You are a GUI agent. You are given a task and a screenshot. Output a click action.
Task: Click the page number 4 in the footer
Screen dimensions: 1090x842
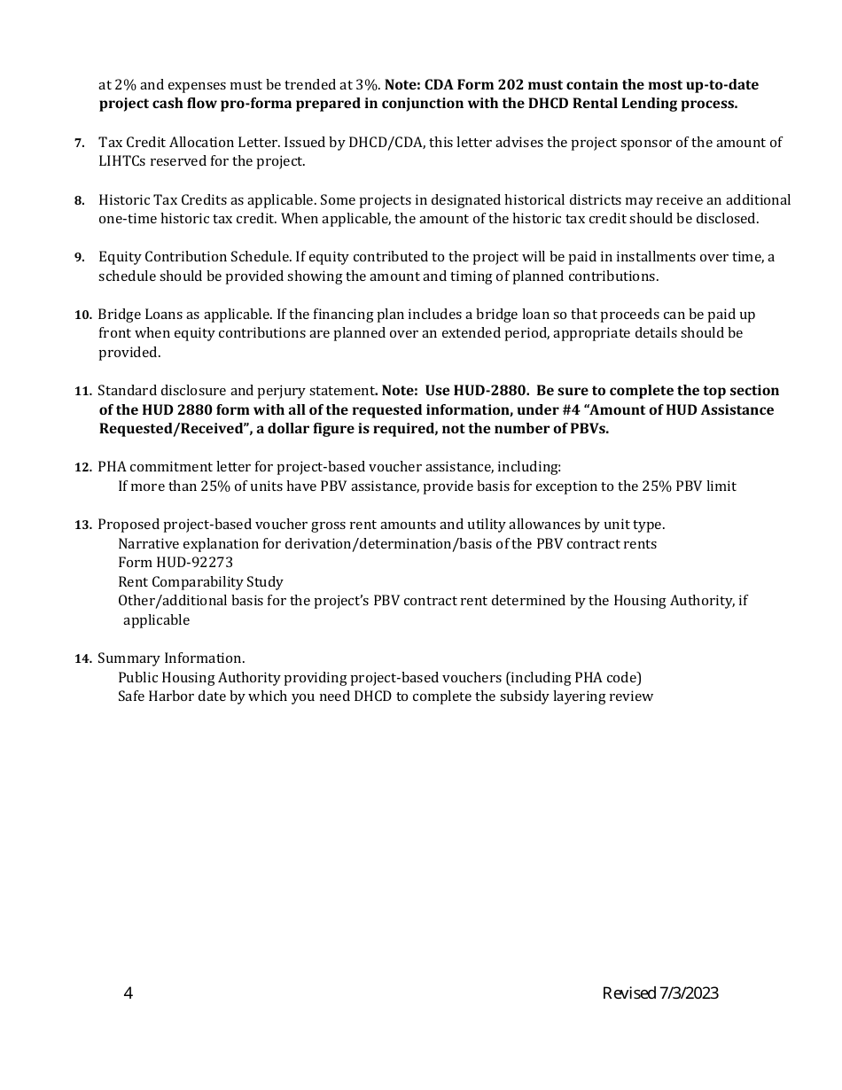pyautogui.click(x=129, y=993)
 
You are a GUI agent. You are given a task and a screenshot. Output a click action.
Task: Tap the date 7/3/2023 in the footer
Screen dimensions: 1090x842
pyautogui.click(x=689, y=993)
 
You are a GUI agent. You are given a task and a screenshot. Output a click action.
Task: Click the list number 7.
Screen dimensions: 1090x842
pyautogui.click(x=80, y=143)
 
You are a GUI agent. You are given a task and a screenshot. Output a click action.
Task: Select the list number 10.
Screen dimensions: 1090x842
pyautogui.click(x=83, y=315)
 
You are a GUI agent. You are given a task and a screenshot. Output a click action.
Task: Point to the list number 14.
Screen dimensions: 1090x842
pyautogui.click(x=83, y=658)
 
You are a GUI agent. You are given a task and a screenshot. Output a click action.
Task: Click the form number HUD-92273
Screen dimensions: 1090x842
pyautogui.click(x=175, y=563)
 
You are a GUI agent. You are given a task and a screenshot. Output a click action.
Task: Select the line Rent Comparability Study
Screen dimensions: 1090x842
pyautogui.click(x=200, y=582)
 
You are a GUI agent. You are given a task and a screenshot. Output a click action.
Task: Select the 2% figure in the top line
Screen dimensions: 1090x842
pyautogui.click(x=113, y=85)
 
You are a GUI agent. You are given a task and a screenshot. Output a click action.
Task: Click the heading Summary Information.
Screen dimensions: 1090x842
pyautogui.click(x=171, y=658)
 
